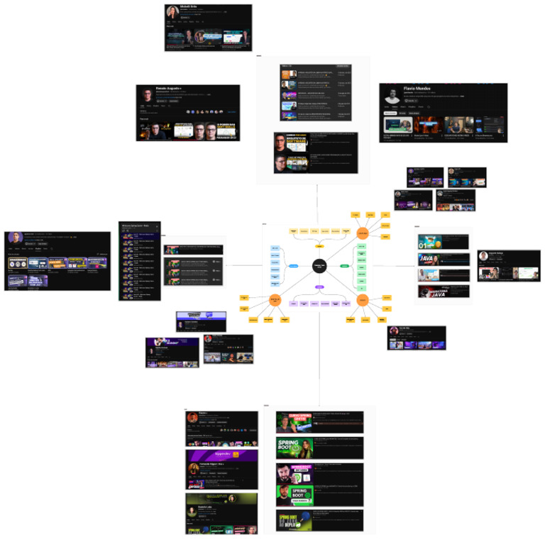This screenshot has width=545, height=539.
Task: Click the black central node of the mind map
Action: click(319, 265)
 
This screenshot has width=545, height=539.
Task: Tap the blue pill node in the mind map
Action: click(292, 266)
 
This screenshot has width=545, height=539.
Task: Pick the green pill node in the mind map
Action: click(344, 266)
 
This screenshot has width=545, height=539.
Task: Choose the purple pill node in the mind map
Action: click(319, 287)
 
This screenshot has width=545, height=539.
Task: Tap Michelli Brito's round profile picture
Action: click(173, 12)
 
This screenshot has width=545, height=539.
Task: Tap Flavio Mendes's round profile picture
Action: click(392, 97)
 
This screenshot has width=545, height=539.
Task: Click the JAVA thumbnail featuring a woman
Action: click(434, 259)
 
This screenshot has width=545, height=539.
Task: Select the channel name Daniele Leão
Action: click(211, 506)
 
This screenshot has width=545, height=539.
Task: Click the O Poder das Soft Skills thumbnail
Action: click(221, 132)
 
